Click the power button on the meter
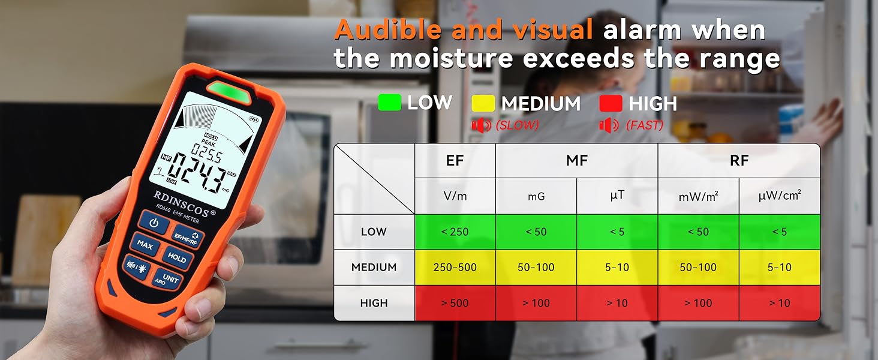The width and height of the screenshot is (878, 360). click(154, 223)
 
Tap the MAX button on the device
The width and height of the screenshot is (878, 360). click(144, 245)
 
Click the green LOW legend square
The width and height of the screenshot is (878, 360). click(389, 103)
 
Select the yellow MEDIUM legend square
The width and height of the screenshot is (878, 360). click(483, 103)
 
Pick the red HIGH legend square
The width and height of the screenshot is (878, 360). click(611, 103)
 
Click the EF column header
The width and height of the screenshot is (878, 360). click(455, 160)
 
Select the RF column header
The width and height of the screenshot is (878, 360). click(739, 160)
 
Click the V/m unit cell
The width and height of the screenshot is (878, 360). click(455, 196)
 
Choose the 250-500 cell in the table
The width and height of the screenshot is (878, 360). click(455, 267)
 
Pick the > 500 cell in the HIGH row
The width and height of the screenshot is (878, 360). click(455, 303)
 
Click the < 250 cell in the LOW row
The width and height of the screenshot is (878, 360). click(455, 232)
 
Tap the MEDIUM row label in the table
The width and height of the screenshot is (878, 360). click(374, 267)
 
